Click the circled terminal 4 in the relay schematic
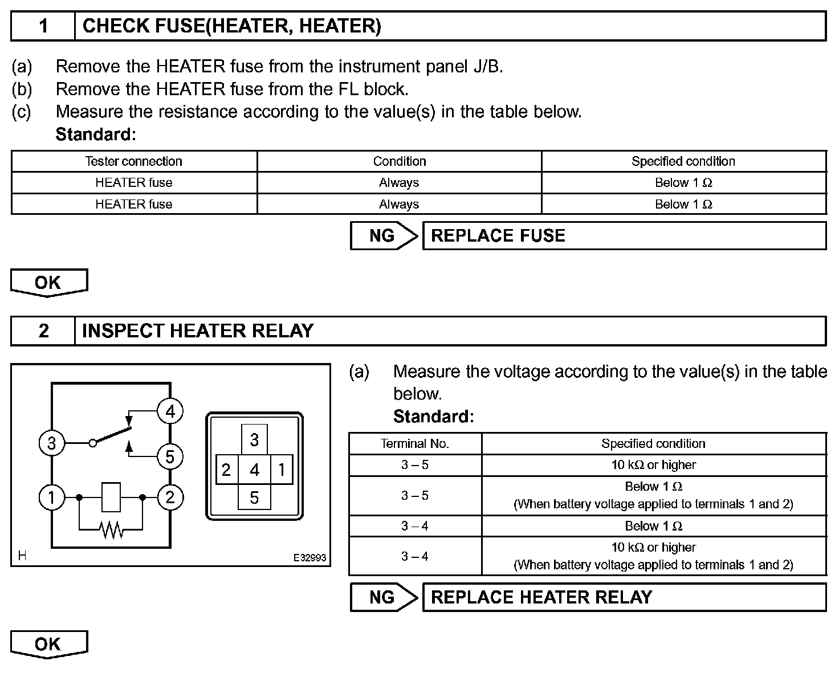(170, 411)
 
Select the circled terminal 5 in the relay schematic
(170, 457)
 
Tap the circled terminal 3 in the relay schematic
(51, 443)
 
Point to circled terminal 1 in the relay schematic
(51, 497)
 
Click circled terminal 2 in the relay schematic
(170, 497)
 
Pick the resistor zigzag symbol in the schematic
(112, 530)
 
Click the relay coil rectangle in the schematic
(111, 497)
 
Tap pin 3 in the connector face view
(254, 440)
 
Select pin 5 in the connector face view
(254, 497)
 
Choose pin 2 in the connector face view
(226, 470)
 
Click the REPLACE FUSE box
(624, 236)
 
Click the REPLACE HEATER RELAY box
(624, 597)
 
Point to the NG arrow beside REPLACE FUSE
(384, 236)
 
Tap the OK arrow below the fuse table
(48, 283)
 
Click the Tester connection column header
(134, 161)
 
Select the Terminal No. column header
(415, 443)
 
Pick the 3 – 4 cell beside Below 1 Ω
(415, 526)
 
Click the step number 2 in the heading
(43, 331)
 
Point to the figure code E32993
(310, 558)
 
